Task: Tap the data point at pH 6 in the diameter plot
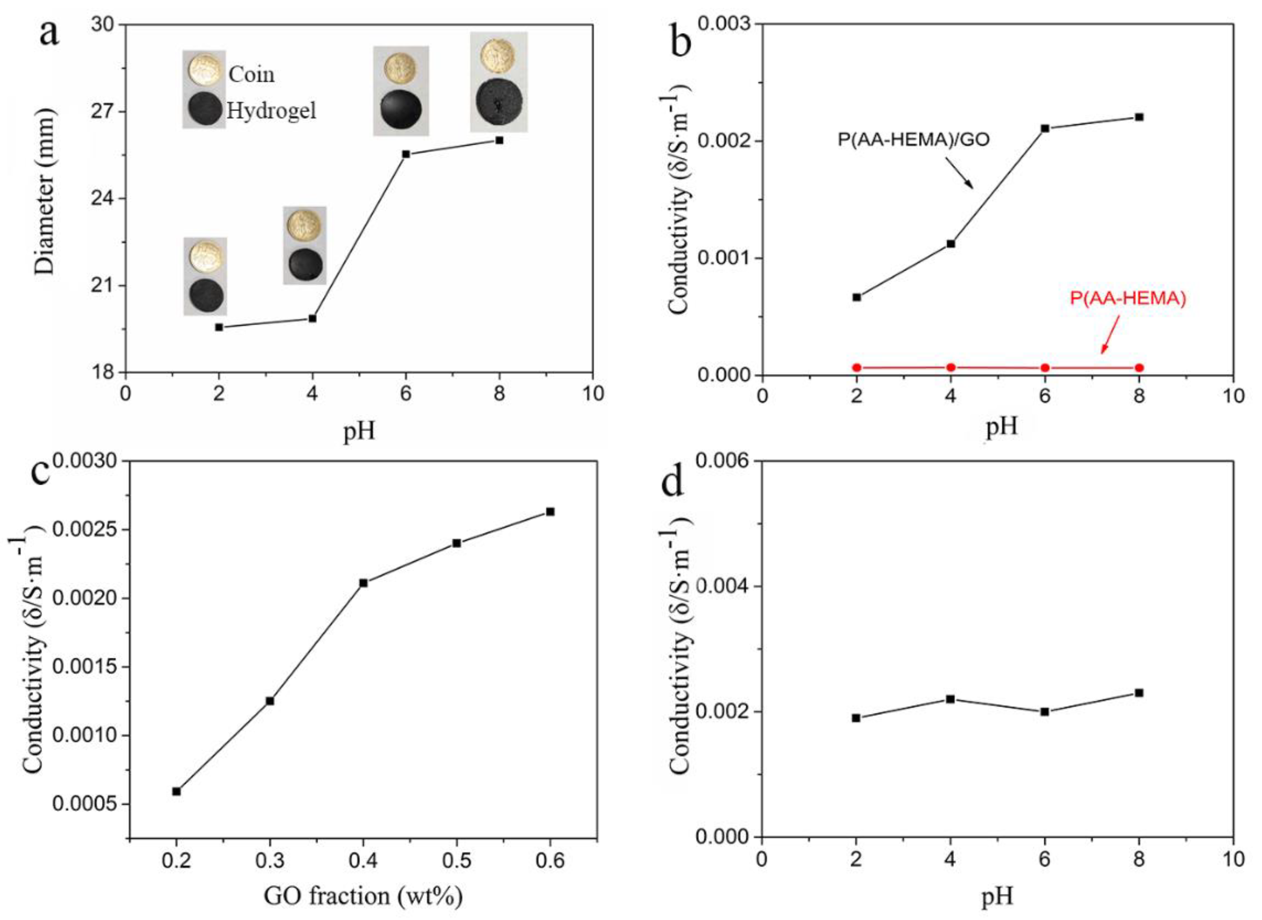pyautogui.click(x=406, y=154)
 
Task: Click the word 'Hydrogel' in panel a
pyautogui.click(x=271, y=111)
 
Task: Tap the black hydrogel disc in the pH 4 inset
pyautogui.click(x=305, y=264)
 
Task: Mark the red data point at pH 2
pyautogui.click(x=857, y=367)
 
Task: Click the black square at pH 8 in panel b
pyautogui.click(x=1139, y=117)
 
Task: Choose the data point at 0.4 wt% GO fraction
pyautogui.click(x=364, y=583)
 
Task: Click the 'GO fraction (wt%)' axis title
pyautogui.click(x=363, y=896)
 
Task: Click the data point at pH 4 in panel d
pyautogui.click(x=950, y=699)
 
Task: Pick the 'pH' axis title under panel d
pyautogui.click(x=997, y=896)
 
